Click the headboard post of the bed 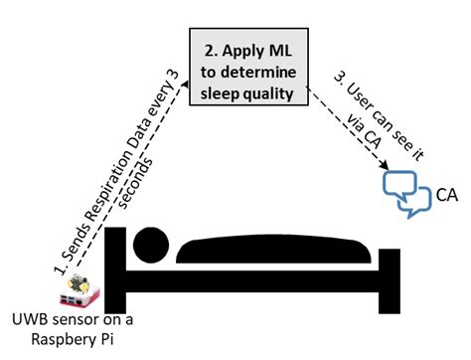click(x=115, y=269)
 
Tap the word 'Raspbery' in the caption click(x=56, y=342)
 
